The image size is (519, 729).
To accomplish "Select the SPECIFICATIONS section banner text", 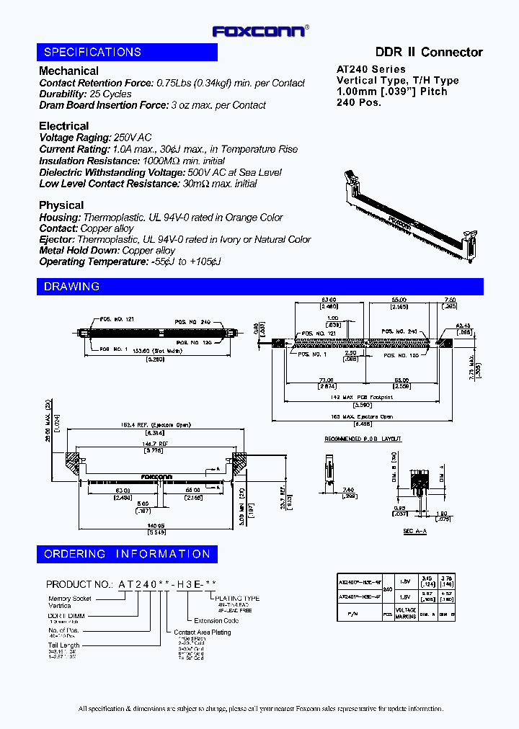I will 92,53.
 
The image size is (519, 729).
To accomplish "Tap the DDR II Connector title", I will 429,53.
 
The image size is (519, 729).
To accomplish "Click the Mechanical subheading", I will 68,71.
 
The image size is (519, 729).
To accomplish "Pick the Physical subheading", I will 61,205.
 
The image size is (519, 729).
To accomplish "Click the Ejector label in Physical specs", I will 56,239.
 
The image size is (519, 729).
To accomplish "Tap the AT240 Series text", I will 371,70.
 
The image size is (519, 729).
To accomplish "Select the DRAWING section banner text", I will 71,287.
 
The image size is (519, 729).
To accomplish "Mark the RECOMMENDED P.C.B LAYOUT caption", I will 363,439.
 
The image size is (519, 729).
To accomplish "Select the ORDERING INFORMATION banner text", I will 127,554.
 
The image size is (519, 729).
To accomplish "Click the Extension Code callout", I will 216,620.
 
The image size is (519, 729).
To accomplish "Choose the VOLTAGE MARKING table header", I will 406,614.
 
